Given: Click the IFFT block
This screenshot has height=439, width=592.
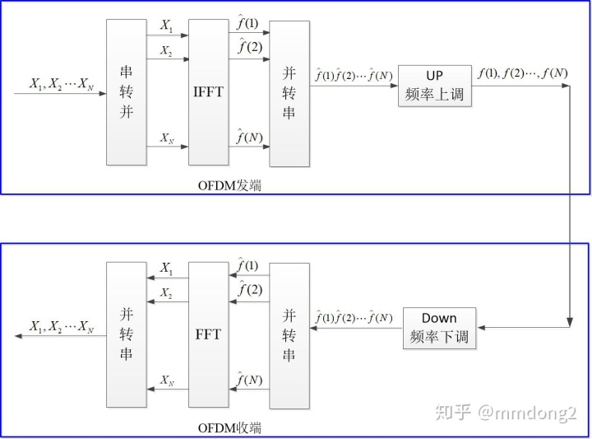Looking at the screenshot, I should coord(208,91).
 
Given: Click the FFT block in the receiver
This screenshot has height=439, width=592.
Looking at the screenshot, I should coord(208,335).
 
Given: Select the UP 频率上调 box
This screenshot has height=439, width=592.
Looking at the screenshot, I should coord(434,86).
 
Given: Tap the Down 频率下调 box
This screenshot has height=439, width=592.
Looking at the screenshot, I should coord(439,328).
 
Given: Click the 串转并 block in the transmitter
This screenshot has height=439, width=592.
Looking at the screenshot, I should coord(127,91).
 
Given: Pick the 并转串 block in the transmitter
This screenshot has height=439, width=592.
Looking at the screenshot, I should coord(289,91).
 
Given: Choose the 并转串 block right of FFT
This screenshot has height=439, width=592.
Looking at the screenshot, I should coord(289,335).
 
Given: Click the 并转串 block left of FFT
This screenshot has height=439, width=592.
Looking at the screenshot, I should coord(127,335).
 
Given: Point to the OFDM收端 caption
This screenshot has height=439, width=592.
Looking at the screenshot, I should coord(230,428).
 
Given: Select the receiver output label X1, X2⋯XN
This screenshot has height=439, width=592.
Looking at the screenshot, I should coord(62,327).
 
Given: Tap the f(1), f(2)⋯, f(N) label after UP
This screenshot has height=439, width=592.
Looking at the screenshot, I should coord(522,74).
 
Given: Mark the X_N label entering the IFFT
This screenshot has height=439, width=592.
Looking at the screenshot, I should coord(167,137).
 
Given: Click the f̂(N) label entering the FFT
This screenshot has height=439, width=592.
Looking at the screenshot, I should coord(249,380).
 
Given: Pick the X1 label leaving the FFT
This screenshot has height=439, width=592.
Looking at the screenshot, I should coord(167,269).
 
